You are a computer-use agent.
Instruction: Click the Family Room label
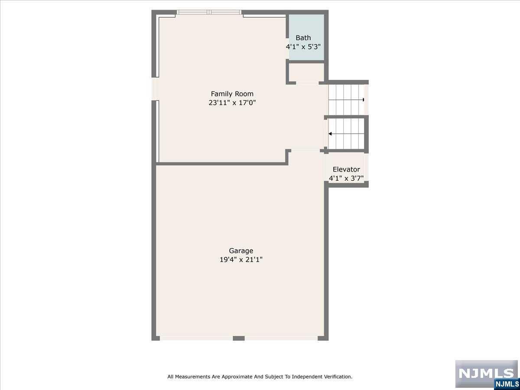click(232, 94)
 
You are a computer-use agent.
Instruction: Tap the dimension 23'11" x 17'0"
click(232, 103)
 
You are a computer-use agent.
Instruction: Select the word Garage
click(241, 251)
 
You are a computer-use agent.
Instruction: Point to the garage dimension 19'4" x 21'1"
click(241, 260)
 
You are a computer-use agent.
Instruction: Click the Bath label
click(303, 38)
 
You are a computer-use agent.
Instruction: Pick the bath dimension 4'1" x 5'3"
click(303, 47)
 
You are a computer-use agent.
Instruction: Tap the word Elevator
click(346, 169)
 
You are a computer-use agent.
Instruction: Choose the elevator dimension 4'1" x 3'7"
click(346, 178)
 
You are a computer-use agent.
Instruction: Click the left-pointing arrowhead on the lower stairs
click(330, 134)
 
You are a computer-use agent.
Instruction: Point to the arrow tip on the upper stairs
click(363, 100)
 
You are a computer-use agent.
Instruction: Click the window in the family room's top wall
click(209, 12)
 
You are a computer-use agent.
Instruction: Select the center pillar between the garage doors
click(239, 338)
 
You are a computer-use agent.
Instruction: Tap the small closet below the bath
click(306, 72)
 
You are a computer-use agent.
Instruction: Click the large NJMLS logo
click(486, 374)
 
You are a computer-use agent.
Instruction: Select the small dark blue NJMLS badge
click(507, 384)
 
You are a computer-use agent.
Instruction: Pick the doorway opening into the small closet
click(307, 83)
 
